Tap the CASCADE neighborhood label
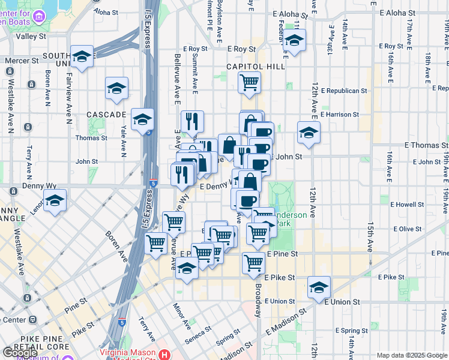[x=106, y=114]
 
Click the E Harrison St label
[x=340, y=114]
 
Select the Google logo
[x=19, y=353]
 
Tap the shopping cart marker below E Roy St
[x=249, y=82]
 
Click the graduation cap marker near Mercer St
[x=82, y=57]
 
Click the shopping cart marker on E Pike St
[x=254, y=263]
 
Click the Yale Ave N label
[x=124, y=145]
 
